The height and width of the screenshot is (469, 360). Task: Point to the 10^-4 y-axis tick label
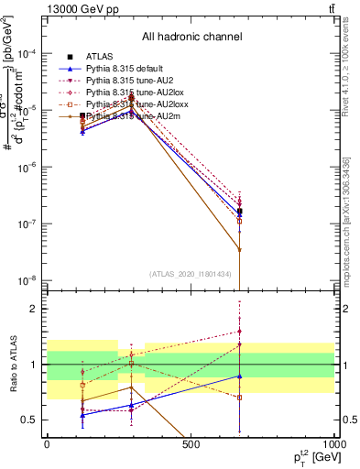pos(30,54)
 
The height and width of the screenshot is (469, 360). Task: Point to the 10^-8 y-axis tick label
pos(30,280)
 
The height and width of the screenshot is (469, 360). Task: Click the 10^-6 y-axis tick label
pos(30,168)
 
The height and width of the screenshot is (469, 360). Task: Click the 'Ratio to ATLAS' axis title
pos(13,365)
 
